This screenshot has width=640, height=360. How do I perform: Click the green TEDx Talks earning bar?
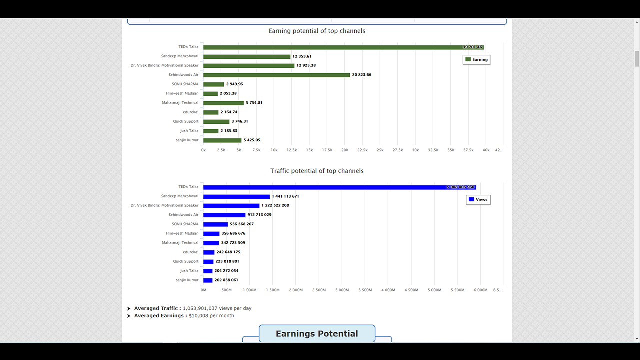(343, 47)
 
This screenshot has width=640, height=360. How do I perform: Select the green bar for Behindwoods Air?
(276, 75)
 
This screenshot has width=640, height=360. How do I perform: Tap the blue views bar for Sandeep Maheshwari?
(236, 196)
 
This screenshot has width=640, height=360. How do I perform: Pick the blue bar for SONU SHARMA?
(215, 224)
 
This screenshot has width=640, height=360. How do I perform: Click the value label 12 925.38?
(306, 65)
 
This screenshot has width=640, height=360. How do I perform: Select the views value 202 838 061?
(226, 280)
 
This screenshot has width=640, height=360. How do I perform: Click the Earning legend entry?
(476, 60)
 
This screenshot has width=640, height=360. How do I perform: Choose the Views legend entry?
(478, 200)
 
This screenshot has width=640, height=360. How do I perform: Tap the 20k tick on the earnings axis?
(345, 150)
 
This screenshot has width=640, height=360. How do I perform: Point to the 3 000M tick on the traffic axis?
(342, 290)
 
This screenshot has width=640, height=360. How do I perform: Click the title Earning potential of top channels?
(317, 31)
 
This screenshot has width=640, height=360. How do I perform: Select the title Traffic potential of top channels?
(317, 171)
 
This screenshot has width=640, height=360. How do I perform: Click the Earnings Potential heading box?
(317, 334)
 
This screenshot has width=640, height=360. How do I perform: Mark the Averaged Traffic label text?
(157, 308)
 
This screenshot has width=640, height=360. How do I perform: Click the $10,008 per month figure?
(211, 316)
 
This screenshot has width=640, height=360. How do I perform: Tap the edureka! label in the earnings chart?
(190, 112)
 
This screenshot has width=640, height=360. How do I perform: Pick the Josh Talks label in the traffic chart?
(189, 271)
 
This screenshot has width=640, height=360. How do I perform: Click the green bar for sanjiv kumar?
(222, 140)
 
